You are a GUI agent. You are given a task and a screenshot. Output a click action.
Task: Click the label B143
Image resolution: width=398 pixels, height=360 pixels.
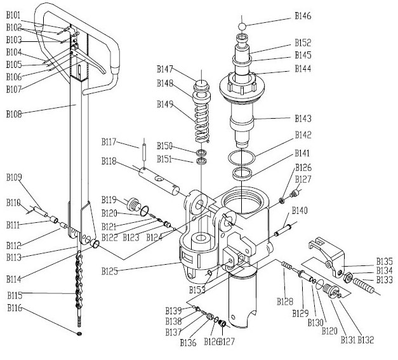point(303,118)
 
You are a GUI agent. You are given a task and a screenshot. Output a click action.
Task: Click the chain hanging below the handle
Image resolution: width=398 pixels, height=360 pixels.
point(79,279)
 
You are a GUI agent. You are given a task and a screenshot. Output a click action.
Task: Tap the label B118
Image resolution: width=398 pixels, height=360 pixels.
point(109,162)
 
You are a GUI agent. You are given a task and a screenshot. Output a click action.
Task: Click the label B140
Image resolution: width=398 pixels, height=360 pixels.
point(300,210)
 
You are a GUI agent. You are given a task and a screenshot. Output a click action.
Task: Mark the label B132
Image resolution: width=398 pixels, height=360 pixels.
point(365,340)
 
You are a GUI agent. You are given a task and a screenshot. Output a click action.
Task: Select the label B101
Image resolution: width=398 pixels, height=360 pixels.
point(13,15)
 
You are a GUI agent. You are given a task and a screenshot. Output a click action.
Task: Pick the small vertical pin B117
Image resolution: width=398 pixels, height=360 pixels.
point(145,150)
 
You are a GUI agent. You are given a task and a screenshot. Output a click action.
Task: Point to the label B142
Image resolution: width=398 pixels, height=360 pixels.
point(303,135)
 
